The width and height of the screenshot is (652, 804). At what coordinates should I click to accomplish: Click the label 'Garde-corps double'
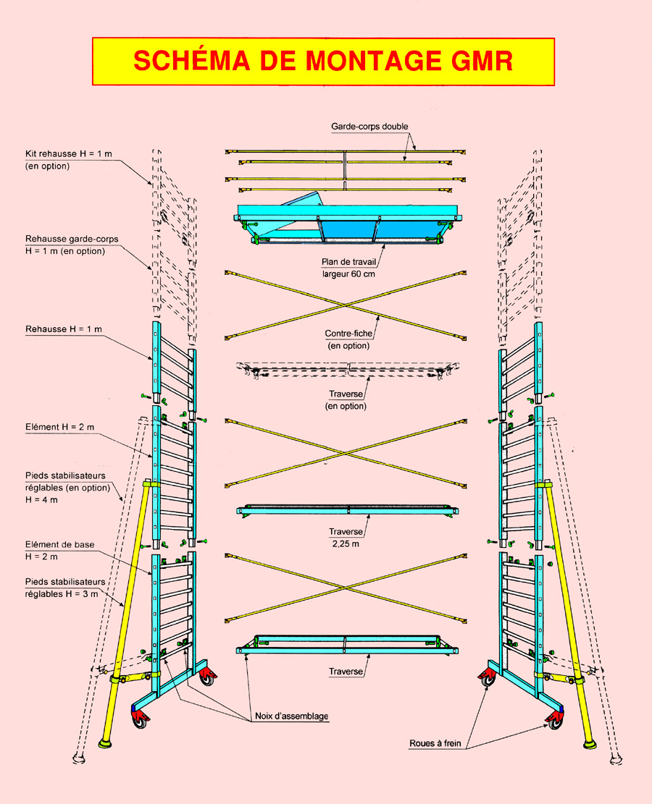tap(370, 126)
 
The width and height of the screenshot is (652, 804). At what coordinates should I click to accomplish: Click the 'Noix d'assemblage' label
tap(292, 716)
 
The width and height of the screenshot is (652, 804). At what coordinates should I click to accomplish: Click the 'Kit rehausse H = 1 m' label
tap(62, 154)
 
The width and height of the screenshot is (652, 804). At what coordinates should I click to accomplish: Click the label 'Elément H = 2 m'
tap(59, 427)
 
